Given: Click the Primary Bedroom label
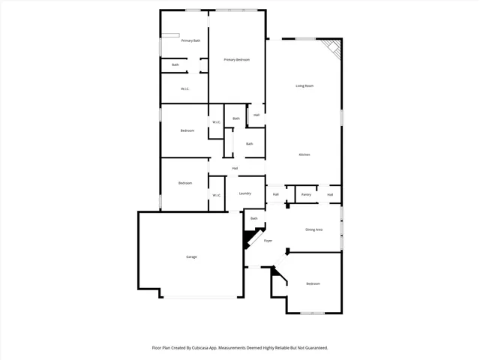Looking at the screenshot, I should point(236,60).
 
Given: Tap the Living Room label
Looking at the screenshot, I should point(304,86).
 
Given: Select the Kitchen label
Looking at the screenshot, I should point(304,154).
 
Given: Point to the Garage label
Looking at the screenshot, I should point(191,257).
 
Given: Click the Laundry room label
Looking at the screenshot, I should point(245,193).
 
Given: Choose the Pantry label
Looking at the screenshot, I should point(306,195).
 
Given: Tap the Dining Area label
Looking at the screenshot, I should point(313,229).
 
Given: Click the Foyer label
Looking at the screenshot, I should point(268,241).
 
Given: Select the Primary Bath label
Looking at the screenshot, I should point(190,40).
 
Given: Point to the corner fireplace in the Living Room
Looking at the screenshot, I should point(332,50).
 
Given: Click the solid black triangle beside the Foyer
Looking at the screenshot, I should point(248,240).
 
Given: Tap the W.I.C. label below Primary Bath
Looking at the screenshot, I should point(184,89).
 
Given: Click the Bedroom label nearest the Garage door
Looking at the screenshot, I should point(313,283).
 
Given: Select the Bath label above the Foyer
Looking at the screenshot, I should point(253,218).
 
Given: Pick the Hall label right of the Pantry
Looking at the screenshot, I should point(329,195).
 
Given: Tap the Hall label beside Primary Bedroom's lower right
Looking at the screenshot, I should point(256,115).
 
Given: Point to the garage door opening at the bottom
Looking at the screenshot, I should point(203,296).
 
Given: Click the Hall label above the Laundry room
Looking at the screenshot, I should point(235,168).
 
